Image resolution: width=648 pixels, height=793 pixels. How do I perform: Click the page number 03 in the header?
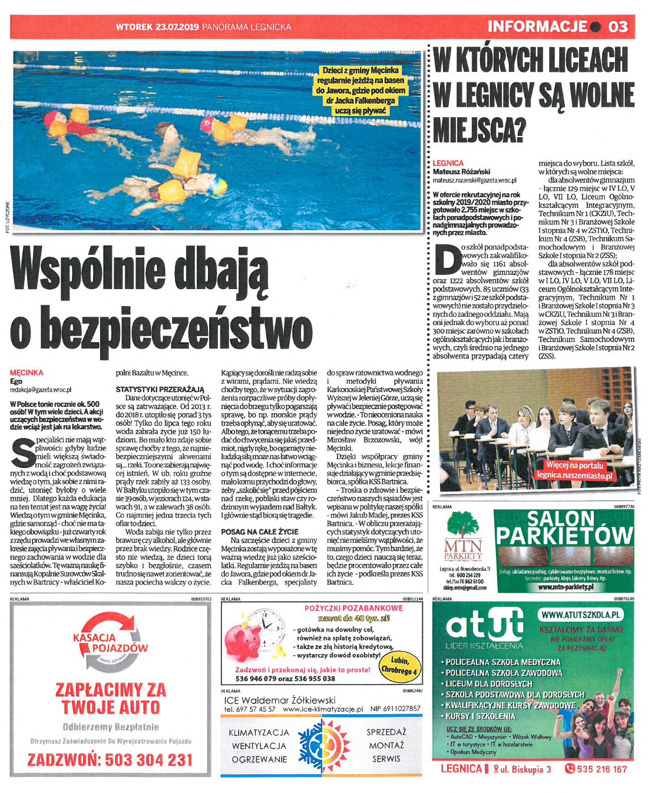click(618, 26)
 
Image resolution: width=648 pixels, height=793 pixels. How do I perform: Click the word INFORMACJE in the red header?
click(537, 26)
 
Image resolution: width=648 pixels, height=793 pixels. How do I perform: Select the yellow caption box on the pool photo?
click(361, 91)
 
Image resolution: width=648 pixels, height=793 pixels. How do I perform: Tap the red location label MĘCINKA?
click(27, 373)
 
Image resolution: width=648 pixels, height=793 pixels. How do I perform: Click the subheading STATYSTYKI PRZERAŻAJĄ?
click(160, 389)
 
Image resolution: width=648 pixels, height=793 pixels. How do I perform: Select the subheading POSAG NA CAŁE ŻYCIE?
click(260, 532)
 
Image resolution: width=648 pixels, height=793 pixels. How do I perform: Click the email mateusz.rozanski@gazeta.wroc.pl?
click(474, 181)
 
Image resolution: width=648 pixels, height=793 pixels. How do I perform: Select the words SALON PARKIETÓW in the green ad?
click(564, 529)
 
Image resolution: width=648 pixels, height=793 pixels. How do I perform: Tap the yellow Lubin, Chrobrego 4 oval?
click(399, 666)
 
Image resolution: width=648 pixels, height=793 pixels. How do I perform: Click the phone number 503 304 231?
click(110, 760)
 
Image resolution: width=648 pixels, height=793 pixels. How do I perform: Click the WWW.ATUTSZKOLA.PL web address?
click(581, 615)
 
